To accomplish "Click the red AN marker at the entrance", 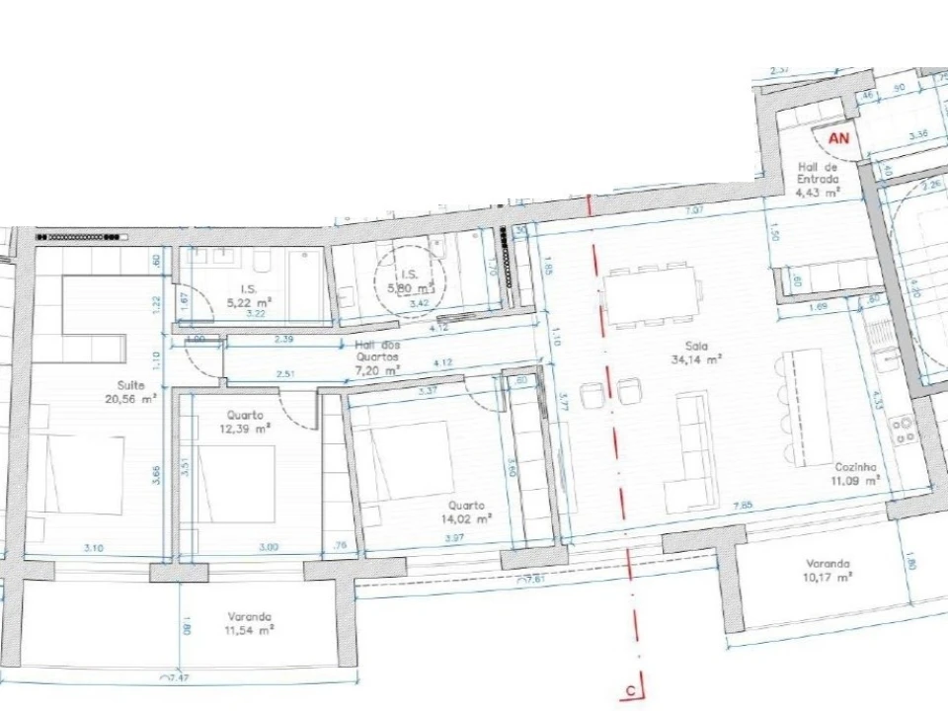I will point(838,138).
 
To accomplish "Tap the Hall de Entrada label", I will point(819,180).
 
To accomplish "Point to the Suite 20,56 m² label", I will point(129,392).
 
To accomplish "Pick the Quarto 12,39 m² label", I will point(247,422).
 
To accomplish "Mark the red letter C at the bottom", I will point(629,691).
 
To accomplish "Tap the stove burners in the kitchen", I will point(904,430).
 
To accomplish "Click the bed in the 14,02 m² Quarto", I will point(407,464).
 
